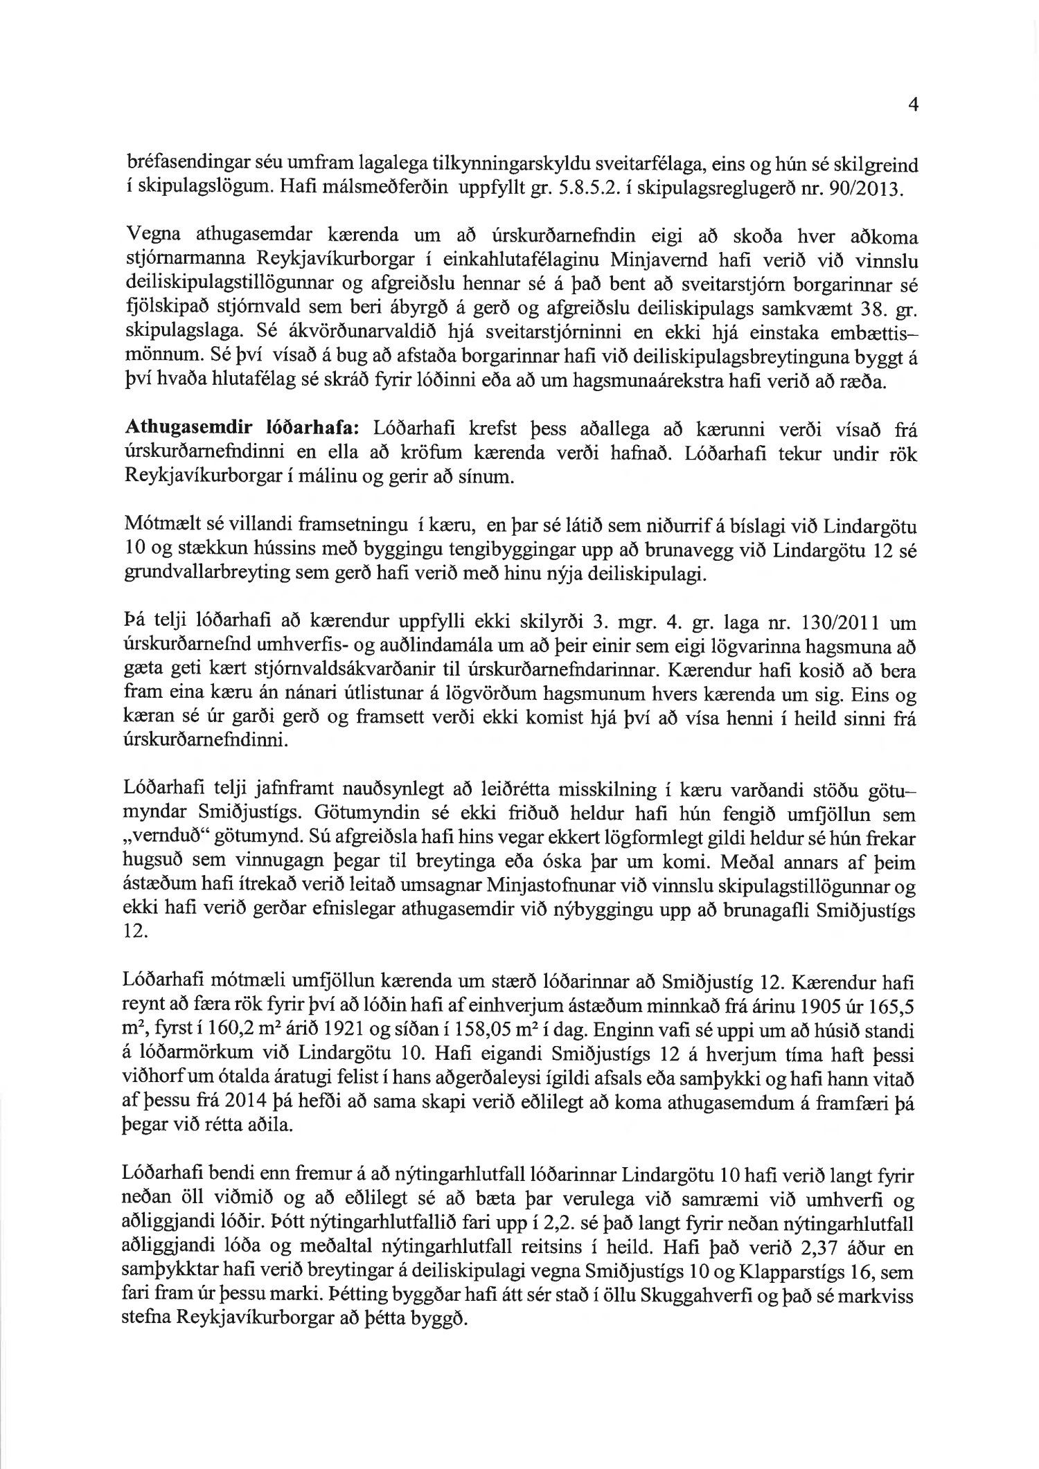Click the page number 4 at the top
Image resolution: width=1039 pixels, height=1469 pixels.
tap(912, 106)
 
